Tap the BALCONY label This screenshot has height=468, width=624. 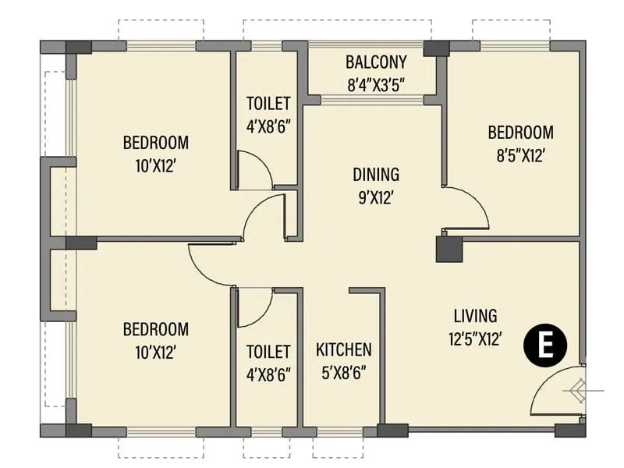click(377, 62)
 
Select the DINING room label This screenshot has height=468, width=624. click(375, 174)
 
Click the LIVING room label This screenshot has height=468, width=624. click(475, 316)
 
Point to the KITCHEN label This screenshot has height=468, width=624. click(343, 349)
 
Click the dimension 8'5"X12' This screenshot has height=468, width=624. click(520, 155)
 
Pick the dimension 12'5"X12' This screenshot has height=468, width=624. click(476, 339)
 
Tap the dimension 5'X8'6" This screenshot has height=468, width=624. click(343, 374)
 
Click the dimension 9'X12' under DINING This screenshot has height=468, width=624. click(375, 197)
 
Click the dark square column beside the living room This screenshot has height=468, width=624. click(448, 250)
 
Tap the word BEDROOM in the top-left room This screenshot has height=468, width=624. click(156, 143)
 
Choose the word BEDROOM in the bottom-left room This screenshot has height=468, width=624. click(156, 329)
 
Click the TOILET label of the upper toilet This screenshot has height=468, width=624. click(268, 104)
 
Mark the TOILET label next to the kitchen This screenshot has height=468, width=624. click(268, 352)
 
